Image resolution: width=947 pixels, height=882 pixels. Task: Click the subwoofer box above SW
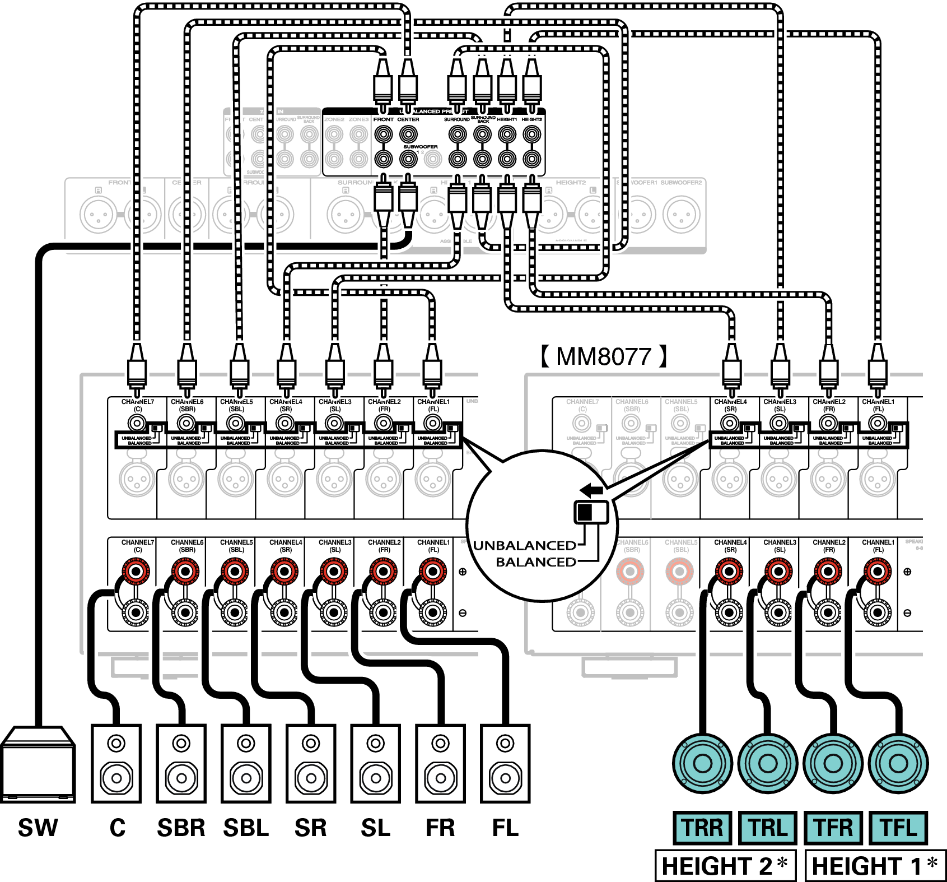pyautogui.click(x=38, y=764)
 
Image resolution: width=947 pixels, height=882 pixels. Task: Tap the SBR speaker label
pyautogui.click(x=181, y=828)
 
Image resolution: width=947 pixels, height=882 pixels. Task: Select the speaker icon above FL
pyautogui.click(x=505, y=763)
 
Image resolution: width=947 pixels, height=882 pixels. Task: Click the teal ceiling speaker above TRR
pyautogui.click(x=702, y=763)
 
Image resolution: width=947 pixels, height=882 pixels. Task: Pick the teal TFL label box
pyautogui.click(x=898, y=828)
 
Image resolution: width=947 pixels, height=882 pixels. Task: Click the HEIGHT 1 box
pyautogui.click(x=875, y=866)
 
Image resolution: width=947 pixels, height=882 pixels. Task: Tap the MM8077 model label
pyautogui.click(x=604, y=356)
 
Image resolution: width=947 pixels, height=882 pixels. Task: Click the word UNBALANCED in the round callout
pyautogui.click(x=525, y=545)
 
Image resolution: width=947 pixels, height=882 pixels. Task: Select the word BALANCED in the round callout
pyautogui.click(x=536, y=561)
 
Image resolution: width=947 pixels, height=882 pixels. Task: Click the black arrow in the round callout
pyautogui.click(x=591, y=490)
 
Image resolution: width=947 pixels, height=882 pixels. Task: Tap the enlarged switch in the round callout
pyautogui.click(x=591, y=512)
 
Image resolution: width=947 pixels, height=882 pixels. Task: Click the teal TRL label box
pyautogui.click(x=768, y=828)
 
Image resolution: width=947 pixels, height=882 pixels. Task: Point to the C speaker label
pyautogui.click(x=117, y=828)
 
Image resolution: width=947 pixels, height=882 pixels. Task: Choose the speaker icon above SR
pyautogui.click(x=311, y=763)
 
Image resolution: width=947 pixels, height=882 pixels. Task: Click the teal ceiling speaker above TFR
pyautogui.click(x=833, y=763)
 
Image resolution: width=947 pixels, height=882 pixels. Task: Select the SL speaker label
pyautogui.click(x=375, y=828)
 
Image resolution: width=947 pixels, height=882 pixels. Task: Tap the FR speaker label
pyautogui.click(x=440, y=828)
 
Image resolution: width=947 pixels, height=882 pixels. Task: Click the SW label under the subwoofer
pyautogui.click(x=38, y=828)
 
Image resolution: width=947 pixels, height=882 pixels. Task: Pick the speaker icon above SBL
pyautogui.click(x=246, y=763)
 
